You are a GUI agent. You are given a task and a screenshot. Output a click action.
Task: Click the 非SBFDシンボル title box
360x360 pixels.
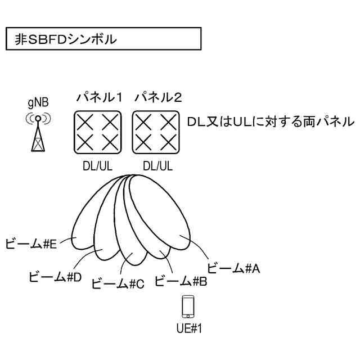coord(103,40)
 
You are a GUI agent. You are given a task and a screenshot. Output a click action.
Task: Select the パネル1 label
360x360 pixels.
coord(100,98)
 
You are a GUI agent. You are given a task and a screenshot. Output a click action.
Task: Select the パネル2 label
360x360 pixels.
coord(158,98)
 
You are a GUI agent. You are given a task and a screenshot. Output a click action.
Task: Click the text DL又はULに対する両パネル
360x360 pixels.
coord(271,121)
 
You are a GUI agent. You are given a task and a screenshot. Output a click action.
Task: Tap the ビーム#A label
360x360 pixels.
coord(233,268)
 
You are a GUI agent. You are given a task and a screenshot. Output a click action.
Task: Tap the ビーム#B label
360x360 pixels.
coord(181,280)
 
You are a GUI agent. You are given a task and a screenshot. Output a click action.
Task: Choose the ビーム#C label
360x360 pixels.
coord(118,283)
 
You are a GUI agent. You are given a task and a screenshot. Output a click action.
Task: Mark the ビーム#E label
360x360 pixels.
coord(31,244)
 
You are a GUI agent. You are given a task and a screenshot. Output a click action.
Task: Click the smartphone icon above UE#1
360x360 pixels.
coord(188,307)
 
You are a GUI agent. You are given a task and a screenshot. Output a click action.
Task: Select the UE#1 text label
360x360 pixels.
coord(188,328)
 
